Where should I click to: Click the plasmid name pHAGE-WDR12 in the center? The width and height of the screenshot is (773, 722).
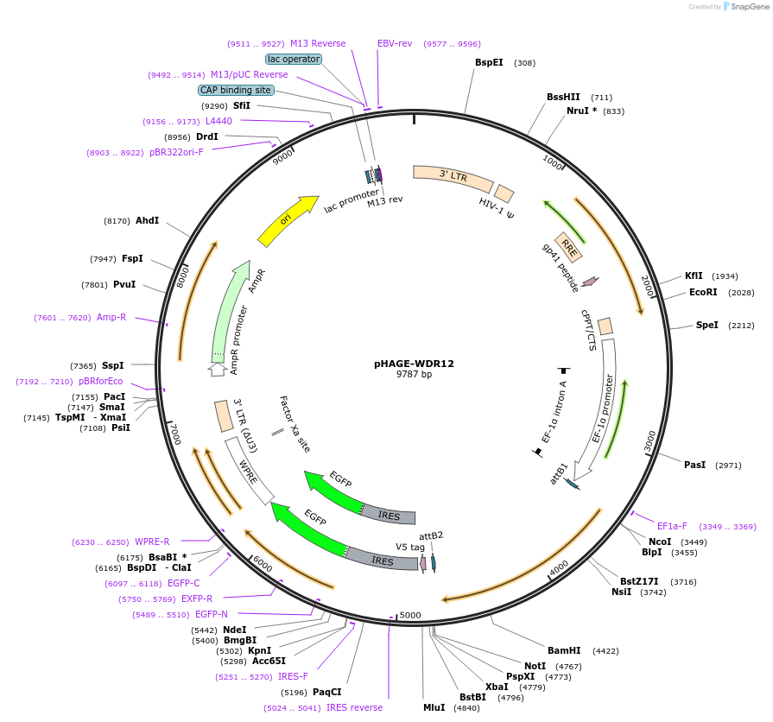click(x=414, y=364)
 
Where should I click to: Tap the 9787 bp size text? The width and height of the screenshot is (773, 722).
click(x=414, y=375)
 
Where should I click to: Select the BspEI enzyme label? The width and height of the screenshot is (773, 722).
click(x=489, y=62)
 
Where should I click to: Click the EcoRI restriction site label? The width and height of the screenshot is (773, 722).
click(x=703, y=293)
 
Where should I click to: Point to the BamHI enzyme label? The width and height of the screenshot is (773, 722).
click(x=564, y=650)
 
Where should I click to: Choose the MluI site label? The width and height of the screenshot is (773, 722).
click(x=434, y=707)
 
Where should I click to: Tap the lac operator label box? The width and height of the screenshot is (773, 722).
click(x=294, y=59)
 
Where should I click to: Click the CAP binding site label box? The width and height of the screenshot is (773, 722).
click(x=236, y=90)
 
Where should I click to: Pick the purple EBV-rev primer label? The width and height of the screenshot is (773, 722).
click(x=395, y=43)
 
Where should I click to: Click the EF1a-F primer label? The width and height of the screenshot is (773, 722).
click(x=672, y=526)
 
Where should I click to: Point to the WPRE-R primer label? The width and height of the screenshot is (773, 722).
click(x=152, y=541)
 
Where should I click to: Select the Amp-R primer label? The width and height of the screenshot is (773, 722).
click(x=111, y=317)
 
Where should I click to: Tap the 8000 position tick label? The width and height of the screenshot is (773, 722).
click(x=182, y=276)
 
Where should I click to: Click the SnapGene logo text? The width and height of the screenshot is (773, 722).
click(x=748, y=7)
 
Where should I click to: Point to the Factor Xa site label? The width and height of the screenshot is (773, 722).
click(x=295, y=423)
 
